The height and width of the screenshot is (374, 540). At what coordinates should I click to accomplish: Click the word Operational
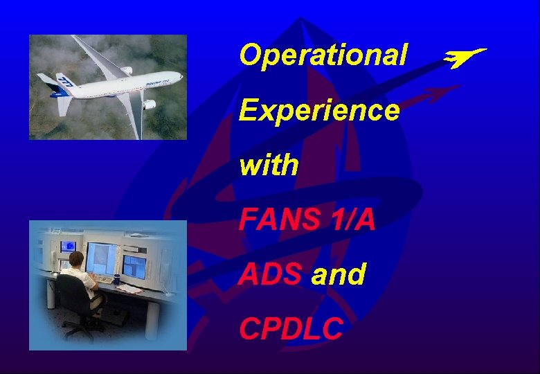[323, 55]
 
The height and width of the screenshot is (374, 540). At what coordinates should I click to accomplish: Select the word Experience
[319, 110]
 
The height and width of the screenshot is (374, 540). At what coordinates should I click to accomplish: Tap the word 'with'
[269, 166]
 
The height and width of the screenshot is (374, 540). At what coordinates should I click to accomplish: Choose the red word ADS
[271, 275]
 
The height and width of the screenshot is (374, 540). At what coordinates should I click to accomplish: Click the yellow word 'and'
[339, 275]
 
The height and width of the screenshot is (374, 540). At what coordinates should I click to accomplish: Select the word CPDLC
[291, 330]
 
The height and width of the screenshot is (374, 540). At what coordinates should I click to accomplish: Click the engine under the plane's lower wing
[147, 105]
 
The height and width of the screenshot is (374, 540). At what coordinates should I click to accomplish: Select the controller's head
[75, 260]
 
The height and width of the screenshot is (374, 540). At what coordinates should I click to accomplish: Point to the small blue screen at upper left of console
[68, 246]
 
